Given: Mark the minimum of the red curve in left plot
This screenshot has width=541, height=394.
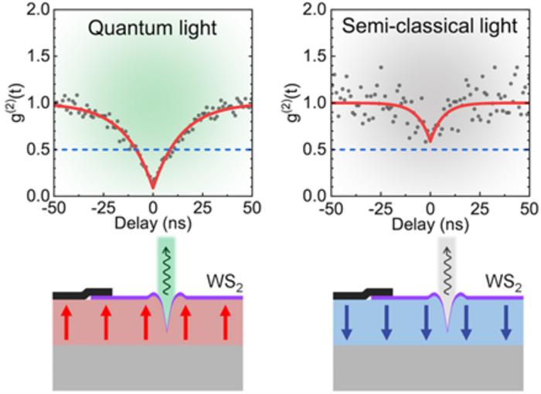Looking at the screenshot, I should [153, 186].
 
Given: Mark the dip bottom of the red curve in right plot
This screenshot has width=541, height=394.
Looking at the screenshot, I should [430, 141].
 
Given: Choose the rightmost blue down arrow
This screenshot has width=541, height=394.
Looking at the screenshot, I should [505, 320].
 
